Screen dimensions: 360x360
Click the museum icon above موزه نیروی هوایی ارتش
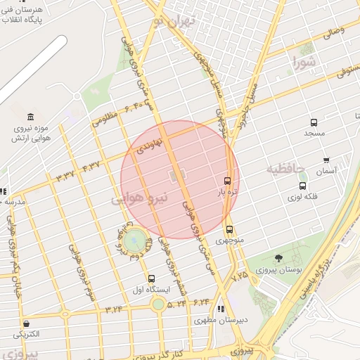coord(30,116)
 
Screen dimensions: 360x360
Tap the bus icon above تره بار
coord(227,180)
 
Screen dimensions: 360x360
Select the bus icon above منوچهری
coord(229,229)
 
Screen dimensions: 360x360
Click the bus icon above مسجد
coord(314,122)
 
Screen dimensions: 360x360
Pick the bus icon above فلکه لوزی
coord(303,186)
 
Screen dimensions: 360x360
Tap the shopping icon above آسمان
coord(326,160)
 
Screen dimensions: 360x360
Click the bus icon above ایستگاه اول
coord(143,278)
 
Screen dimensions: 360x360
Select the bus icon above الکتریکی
coord(26,323)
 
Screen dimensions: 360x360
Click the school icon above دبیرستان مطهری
coord(221,309)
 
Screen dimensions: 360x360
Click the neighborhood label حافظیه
coord(285,169)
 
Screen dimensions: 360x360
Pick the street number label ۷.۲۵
coord(240,275)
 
